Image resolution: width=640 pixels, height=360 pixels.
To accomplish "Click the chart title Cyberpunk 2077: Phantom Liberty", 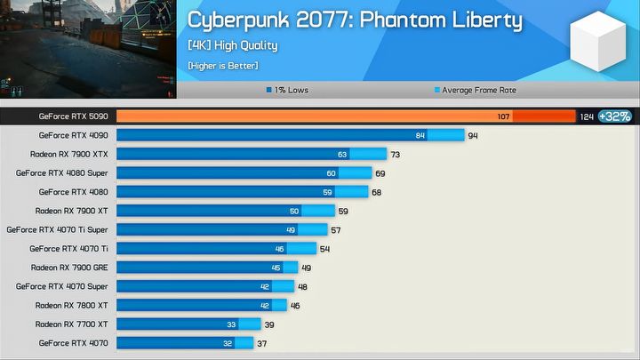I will (354, 21).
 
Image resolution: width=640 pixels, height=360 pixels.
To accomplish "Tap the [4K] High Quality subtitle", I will (233, 45).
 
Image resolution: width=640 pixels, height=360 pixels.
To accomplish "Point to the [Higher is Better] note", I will (222, 65).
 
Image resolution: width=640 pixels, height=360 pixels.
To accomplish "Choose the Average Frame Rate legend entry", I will (475, 90).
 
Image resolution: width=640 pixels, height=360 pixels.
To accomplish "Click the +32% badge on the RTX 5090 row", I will (614, 116).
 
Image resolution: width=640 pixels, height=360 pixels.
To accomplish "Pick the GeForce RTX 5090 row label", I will (73, 116).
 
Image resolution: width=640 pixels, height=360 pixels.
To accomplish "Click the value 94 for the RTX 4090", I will (473, 135).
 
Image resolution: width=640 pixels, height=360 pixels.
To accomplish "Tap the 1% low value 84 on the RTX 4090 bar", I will (420, 135).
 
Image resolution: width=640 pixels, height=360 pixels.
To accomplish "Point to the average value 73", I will (395, 154).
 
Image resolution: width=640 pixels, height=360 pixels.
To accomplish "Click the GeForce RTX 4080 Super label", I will (62, 172).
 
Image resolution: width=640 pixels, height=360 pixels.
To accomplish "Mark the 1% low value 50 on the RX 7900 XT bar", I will (294, 211).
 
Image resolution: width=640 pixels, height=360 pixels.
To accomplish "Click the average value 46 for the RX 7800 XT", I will (294, 305).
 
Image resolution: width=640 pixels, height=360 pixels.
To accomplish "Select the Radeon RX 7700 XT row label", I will (71, 324).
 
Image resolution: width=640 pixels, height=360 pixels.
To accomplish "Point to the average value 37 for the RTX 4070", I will (261, 342).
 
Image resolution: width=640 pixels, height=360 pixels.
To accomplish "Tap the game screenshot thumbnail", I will (88, 49).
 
